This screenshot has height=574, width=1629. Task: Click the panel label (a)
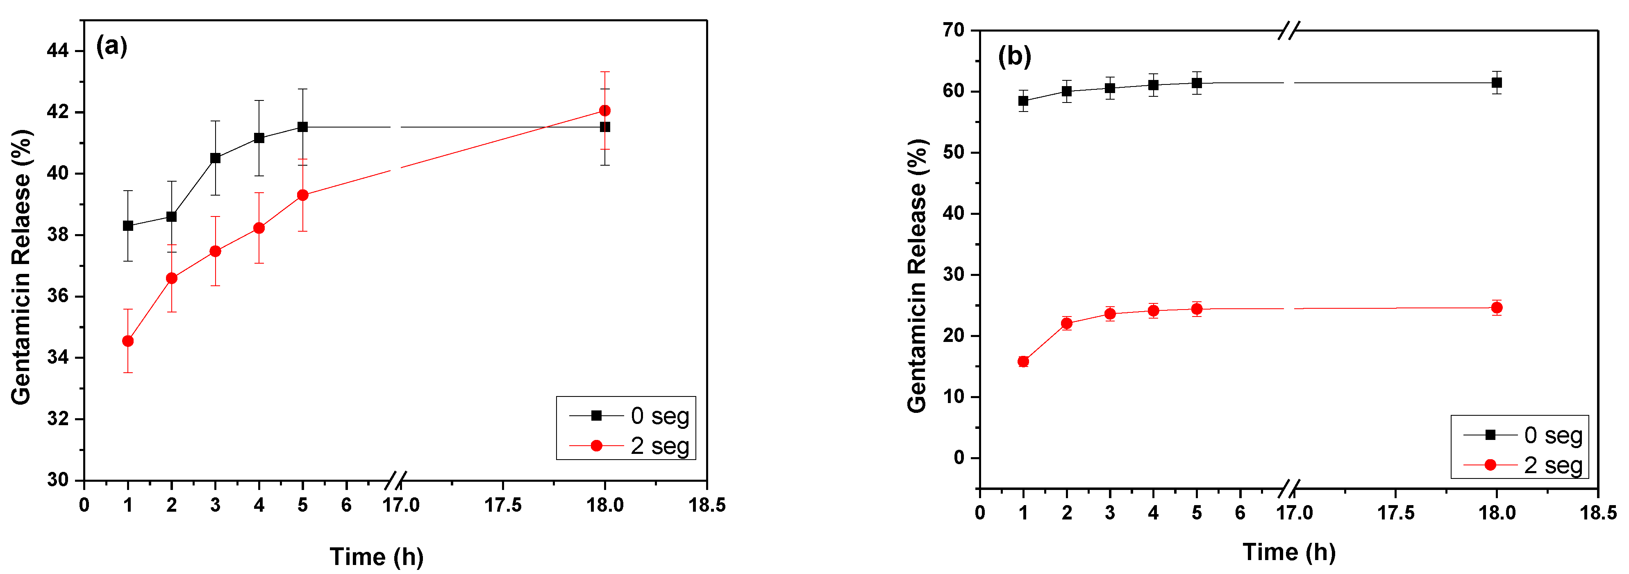click(x=111, y=46)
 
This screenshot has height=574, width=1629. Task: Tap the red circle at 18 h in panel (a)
click(x=604, y=111)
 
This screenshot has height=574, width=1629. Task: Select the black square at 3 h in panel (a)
click(x=215, y=158)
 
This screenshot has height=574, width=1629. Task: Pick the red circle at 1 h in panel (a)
click(x=128, y=341)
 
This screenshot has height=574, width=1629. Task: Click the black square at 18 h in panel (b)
click(x=1497, y=83)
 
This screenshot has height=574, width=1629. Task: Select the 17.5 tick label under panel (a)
click(x=503, y=505)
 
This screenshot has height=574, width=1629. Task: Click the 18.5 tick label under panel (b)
click(x=1598, y=512)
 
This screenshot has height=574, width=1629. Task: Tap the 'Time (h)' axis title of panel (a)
click(x=376, y=557)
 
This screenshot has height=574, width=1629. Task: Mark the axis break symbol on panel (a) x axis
click(x=396, y=481)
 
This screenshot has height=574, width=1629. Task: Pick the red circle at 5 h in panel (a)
click(x=302, y=196)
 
